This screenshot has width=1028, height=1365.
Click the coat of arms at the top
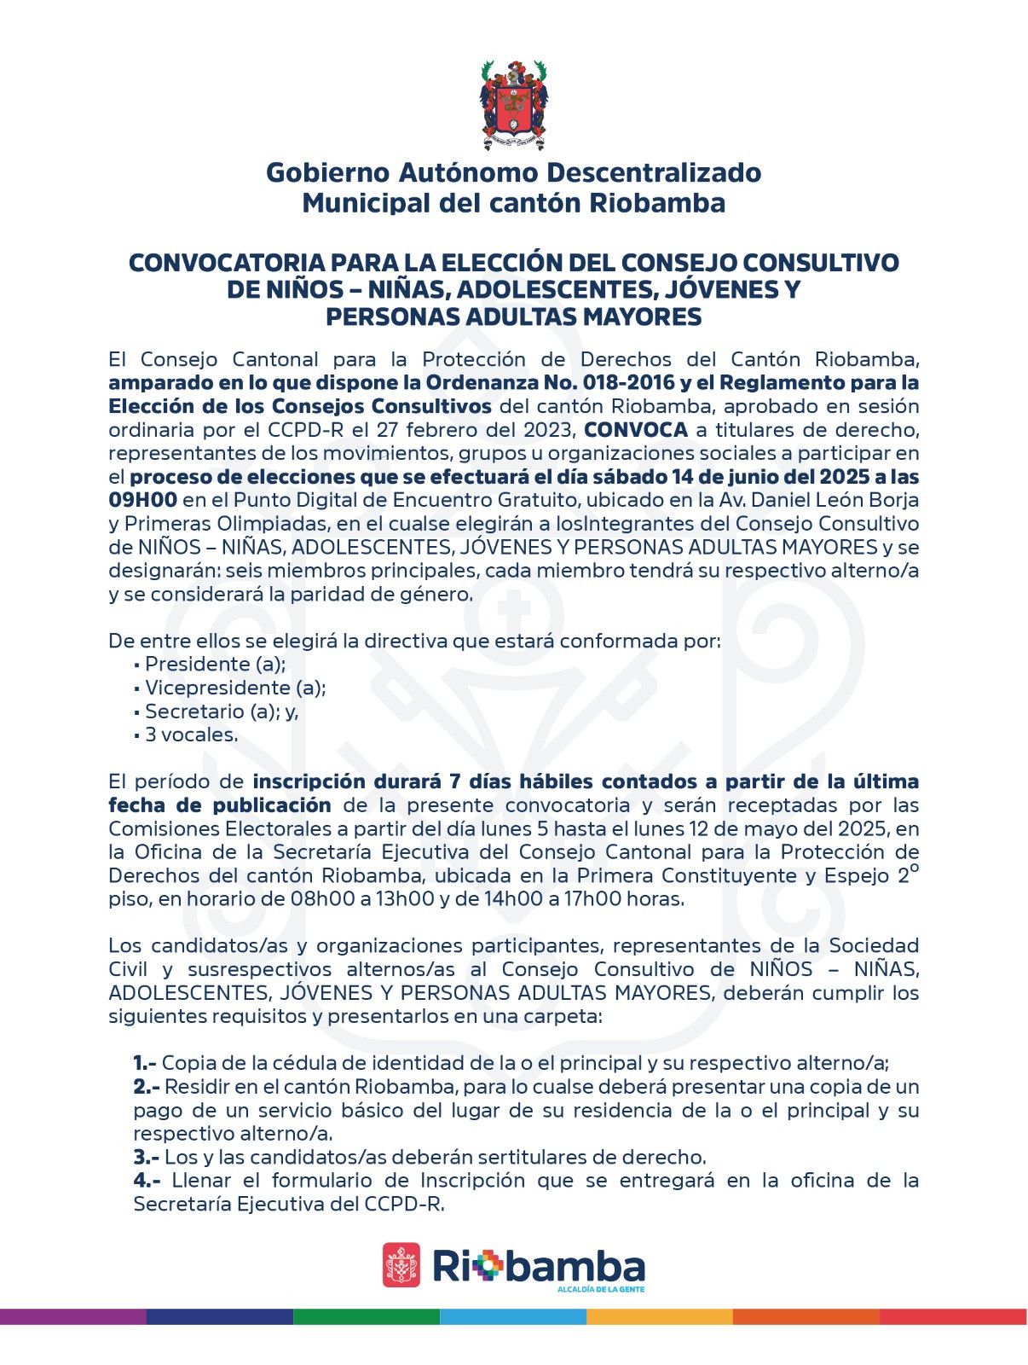[x=513, y=105]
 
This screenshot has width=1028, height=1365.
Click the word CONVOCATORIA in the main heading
[x=225, y=263]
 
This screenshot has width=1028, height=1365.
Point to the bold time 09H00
[x=142, y=500]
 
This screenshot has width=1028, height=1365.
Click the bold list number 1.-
[x=145, y=1064]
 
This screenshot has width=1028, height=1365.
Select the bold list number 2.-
[x=147, y=1088]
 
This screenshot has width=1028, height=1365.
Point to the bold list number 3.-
[x=147, y=1158]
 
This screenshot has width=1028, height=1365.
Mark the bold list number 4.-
[x=147, y=1182]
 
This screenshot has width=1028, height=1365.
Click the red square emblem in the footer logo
[x=401, y=1264]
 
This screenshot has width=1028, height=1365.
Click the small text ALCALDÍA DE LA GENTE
[x=600, y=1289]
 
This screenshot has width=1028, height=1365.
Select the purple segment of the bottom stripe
[x=73, y=1316]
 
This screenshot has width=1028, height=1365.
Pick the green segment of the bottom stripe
[x=367, y=1316]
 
